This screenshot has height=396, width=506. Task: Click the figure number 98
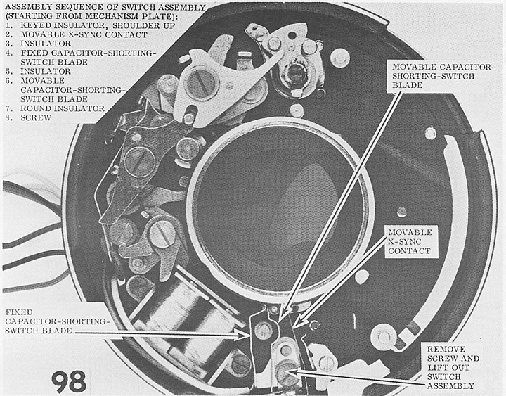(69, 381)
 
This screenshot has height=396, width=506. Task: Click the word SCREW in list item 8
(36, 118)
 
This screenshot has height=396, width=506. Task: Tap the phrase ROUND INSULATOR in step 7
(63, 108)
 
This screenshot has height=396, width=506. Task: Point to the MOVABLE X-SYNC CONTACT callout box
(410, 241)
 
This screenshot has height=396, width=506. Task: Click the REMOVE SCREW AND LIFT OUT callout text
(453, 363)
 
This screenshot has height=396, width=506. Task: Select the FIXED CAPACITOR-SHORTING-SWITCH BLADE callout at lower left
(56, 321)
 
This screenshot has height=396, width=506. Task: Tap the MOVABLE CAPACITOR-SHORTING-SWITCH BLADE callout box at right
(441, 76)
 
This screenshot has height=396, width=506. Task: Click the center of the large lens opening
(280, 210)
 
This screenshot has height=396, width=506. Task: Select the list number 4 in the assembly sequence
(8, 53)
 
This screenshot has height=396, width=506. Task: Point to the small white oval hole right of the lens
(362, 276)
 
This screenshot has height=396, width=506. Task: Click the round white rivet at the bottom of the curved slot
(384, 337)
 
